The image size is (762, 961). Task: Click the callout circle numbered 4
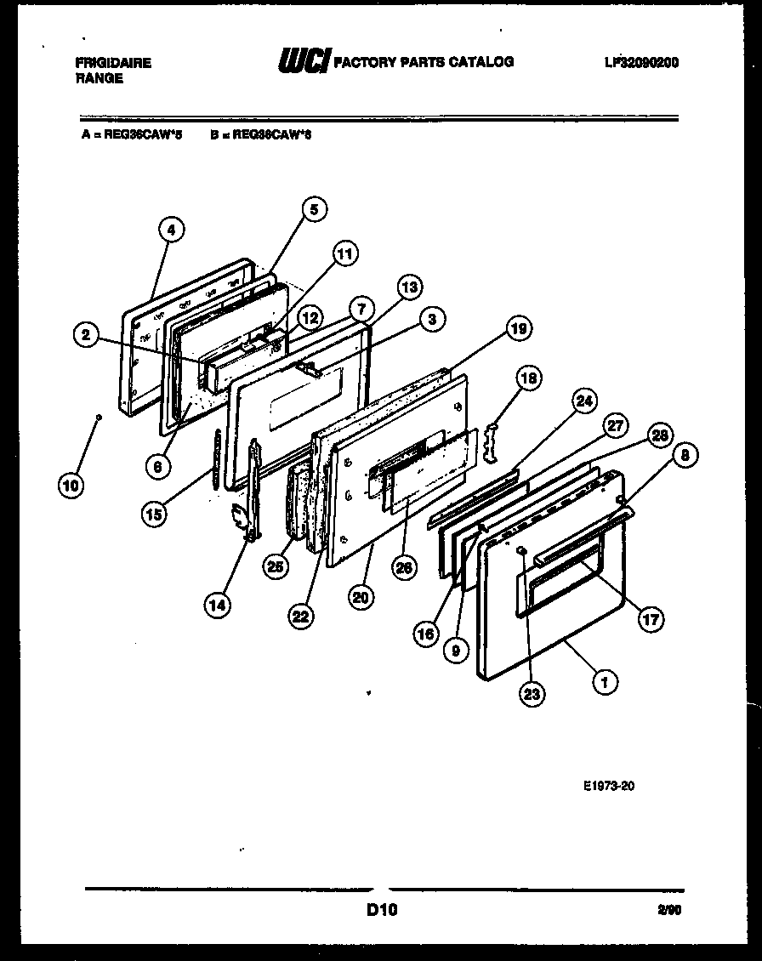coord(171,229)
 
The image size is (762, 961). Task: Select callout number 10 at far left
coord(71,486)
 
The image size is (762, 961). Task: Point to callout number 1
coord(605,680)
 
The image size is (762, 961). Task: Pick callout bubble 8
coord(685,456)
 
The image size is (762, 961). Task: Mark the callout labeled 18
coord(527,378)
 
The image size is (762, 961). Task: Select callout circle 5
coord(314,209)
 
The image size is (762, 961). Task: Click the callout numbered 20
coord(361,598)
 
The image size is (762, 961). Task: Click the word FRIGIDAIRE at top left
coord(113,63)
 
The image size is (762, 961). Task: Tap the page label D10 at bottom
coord(382,911)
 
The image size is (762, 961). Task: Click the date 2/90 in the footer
coord(668,911)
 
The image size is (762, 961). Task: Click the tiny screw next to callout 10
coord(99,418)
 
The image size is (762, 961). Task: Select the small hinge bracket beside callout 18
coord(492,442)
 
